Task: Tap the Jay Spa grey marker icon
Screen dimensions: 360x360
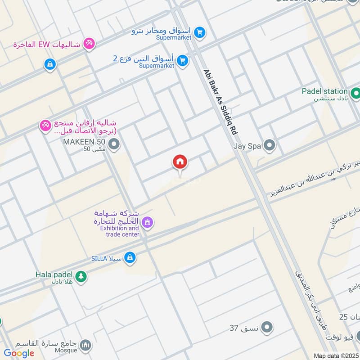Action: (270, 145)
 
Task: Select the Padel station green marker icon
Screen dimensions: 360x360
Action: (355, 94)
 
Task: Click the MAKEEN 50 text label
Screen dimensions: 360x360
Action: (84, 143)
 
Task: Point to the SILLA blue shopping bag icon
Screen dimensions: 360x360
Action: (130, 257)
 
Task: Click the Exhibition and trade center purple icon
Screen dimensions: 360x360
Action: (147, 222)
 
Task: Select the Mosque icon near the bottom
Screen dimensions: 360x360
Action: (85, 346)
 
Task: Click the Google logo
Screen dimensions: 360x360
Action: (19, 353)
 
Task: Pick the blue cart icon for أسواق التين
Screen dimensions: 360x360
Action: (182, 60)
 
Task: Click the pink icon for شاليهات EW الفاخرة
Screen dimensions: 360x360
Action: (90, 44)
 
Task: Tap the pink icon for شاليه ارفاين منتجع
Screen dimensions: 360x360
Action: (45, 126)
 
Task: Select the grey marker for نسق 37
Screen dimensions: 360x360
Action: (267, 327)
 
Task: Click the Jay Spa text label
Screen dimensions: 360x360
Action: (247, 146)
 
